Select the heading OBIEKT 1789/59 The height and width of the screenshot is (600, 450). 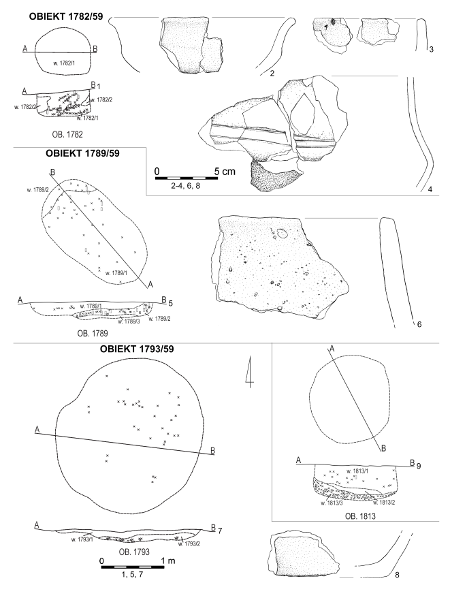(x=80, y=154)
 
